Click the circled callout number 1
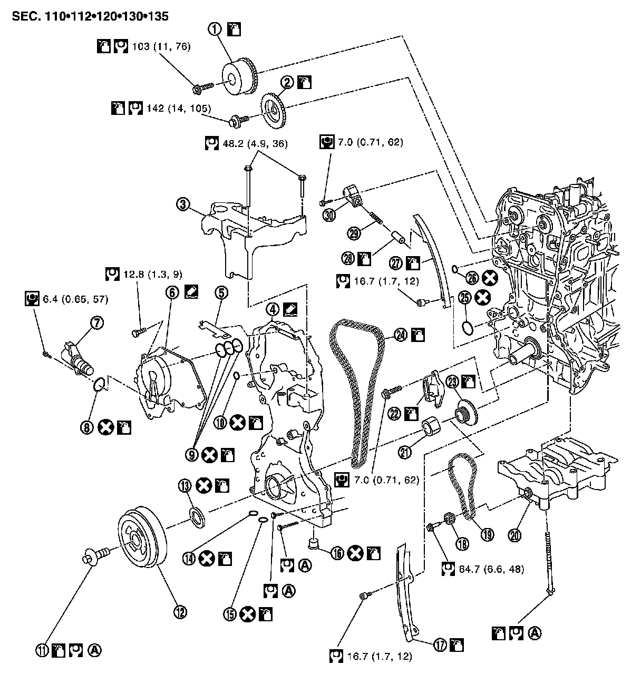pyautogui.click(x=216, y=29)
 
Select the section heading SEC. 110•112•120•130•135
pyautogui.click(x=90, y=16)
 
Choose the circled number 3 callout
pyautogui.click(x=183, y=204)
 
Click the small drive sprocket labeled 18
pyautogui.click(x=451, y=519)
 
